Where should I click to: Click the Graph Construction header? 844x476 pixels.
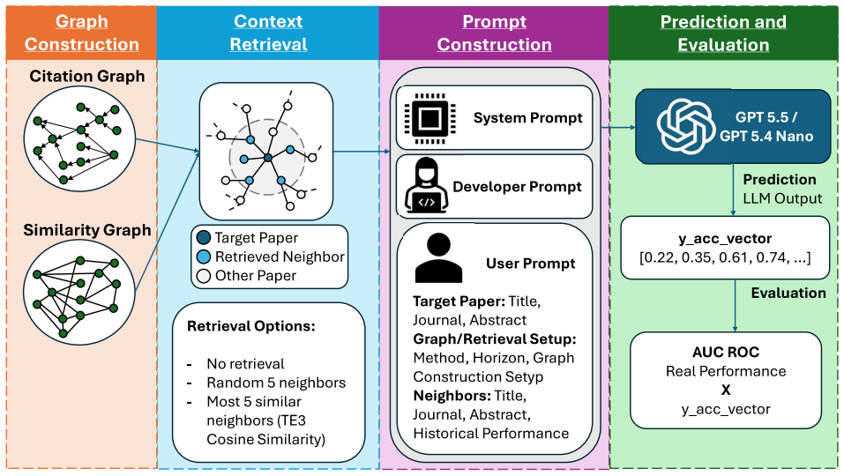point(82,33)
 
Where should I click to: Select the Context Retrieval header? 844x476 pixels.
point(268,33)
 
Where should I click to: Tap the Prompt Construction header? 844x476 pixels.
point(494,33)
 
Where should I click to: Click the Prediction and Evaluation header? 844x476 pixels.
point(723,33)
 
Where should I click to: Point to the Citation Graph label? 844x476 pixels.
point(87,77)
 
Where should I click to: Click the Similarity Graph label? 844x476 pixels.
point(87,230)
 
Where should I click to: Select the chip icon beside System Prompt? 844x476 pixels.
point(429,118)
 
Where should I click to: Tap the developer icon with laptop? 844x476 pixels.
point(426,186)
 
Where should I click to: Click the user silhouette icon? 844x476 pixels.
point(438,258)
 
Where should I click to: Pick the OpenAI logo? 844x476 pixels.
point(686,126)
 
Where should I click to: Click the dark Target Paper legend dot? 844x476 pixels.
point(204,238)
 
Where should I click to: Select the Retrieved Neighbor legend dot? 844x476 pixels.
point(204,257)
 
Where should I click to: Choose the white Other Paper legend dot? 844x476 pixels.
point(204,276)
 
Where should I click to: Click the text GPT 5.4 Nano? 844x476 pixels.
point(766,136)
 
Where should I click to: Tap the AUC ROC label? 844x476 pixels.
point(726,353)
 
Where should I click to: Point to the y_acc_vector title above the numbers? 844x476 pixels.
point(725,239)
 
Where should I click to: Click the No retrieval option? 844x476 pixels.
point(245,364)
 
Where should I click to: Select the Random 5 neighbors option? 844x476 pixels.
point(276,383)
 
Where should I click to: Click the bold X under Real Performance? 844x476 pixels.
point(726,390)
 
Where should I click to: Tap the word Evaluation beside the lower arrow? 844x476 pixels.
point(788,294)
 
